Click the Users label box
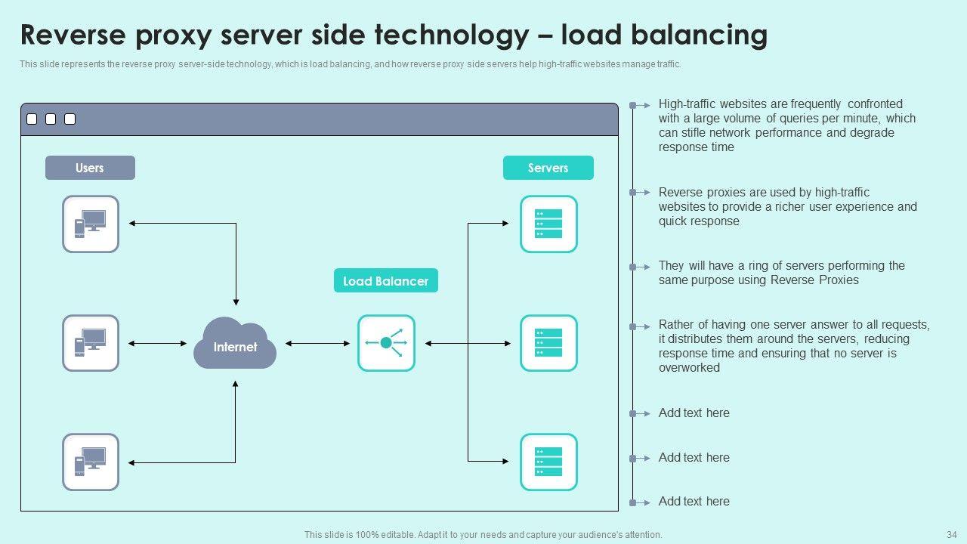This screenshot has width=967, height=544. coord(90,168)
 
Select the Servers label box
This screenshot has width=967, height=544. coord(548,168)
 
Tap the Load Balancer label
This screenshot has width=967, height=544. coord(385,281)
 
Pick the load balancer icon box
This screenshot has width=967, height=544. coord(386,343)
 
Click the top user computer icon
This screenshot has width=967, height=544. coord(91,224)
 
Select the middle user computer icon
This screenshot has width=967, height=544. coord(91,343)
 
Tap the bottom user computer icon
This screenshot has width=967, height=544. coord(91,462)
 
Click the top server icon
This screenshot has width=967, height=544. coord(548,224)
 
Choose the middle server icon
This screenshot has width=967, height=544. coord(548,343)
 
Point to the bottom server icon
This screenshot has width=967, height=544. coord(548,462)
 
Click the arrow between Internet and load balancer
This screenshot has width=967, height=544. coord(317,344)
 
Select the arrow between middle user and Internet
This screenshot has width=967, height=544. coord(157,344)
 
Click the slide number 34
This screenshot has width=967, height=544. coord(951,534)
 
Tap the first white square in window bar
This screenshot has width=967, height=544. coord(32,119)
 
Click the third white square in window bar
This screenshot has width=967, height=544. coord(70,119)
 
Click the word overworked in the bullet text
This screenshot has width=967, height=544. coord(689,368)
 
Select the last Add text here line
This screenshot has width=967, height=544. coord(694,501)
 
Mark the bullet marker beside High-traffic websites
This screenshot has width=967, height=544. coord(635,105)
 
